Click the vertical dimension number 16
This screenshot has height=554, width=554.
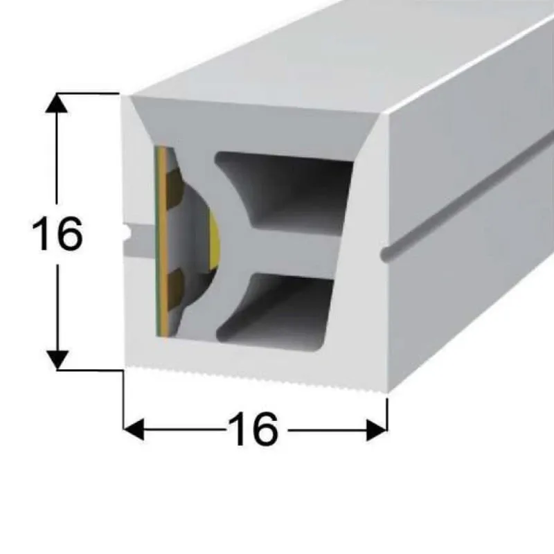point(57,233)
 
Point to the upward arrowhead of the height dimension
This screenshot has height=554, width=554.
point(57,103)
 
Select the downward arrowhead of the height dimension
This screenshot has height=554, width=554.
point(57,360)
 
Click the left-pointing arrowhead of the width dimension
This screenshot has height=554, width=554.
point(134,429)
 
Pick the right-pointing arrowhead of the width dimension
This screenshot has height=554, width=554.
point(377,430)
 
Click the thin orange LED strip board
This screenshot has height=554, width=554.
point(162,242)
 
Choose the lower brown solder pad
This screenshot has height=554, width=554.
point(176,289)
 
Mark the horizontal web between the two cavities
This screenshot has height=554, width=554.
point(293,253)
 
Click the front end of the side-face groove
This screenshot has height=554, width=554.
point(386,253)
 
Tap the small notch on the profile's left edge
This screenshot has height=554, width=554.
point(126,231)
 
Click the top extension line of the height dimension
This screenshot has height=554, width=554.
point(88,93)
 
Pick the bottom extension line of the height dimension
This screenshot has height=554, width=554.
point(90,370)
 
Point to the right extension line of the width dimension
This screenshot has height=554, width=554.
point(387,414)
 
